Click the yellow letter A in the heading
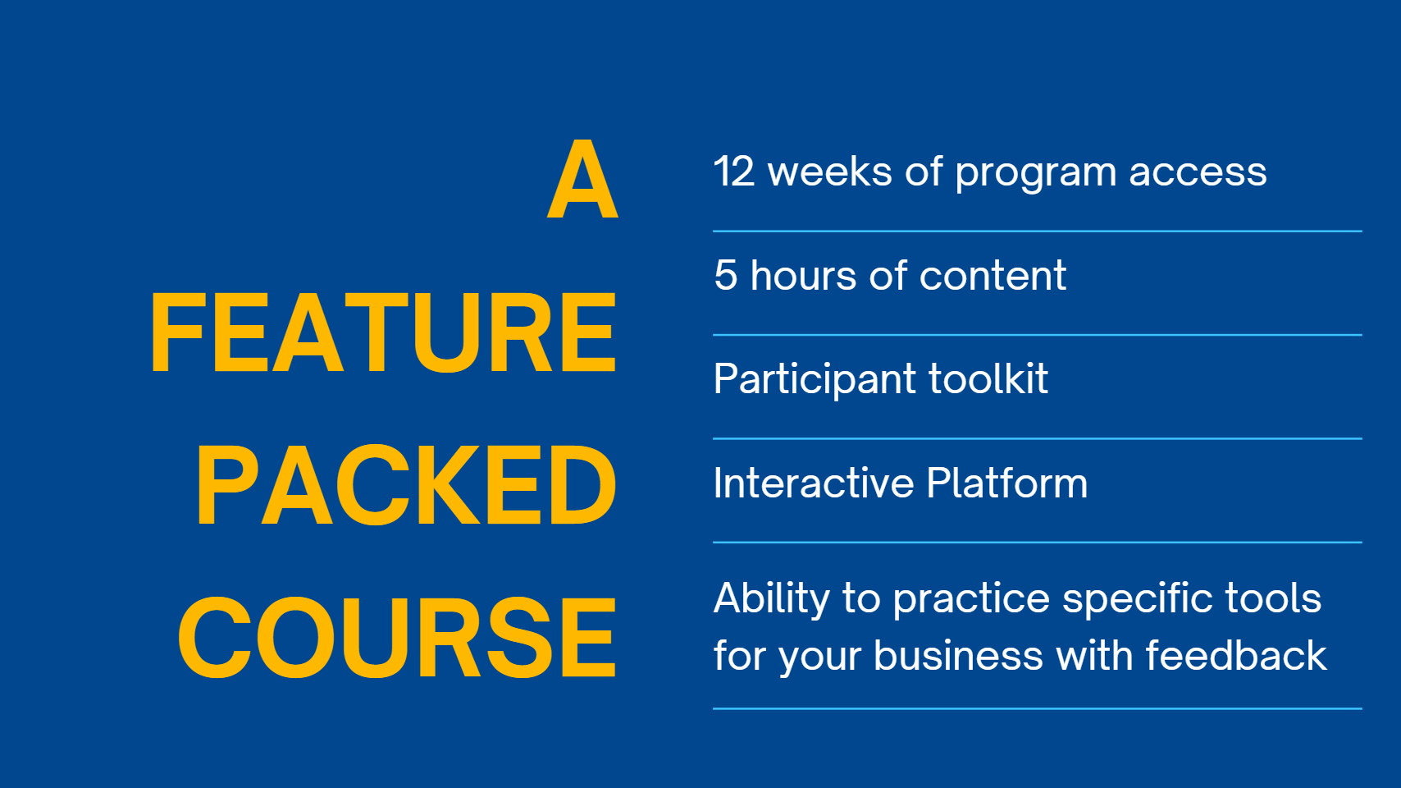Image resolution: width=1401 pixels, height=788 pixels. point(583,179)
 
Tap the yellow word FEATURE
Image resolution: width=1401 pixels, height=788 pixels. point(383,332)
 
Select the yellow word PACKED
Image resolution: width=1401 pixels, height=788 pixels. point(407,485)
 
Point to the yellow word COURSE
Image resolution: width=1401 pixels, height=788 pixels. point(397,637)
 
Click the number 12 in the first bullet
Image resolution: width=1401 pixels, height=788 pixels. point(734,172)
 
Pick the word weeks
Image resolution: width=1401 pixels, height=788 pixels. point(830,172)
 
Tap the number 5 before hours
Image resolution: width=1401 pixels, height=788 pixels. point(725,276)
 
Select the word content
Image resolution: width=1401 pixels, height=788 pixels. point(993,276)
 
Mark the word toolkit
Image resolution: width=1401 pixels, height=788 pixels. point(988,378)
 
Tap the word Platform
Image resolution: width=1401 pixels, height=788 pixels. point(1007,483)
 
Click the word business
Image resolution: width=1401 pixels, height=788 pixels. point(958,655)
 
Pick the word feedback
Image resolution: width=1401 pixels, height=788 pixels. point(1236,655)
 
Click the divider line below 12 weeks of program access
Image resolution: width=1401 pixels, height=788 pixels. point(1038,231)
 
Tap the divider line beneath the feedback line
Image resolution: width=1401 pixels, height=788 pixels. point(1038,708)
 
